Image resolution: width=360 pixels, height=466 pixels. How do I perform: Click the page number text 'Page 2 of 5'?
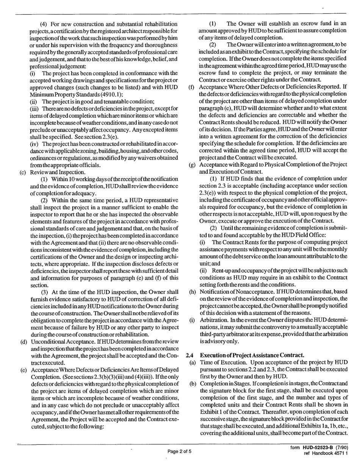coord(179,451)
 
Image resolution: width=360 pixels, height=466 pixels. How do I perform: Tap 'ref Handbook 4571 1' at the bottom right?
coord(326,453)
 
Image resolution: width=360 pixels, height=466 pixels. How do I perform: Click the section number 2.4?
coord(190,355)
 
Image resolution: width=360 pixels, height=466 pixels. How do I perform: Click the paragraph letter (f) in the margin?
coord(191,87)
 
